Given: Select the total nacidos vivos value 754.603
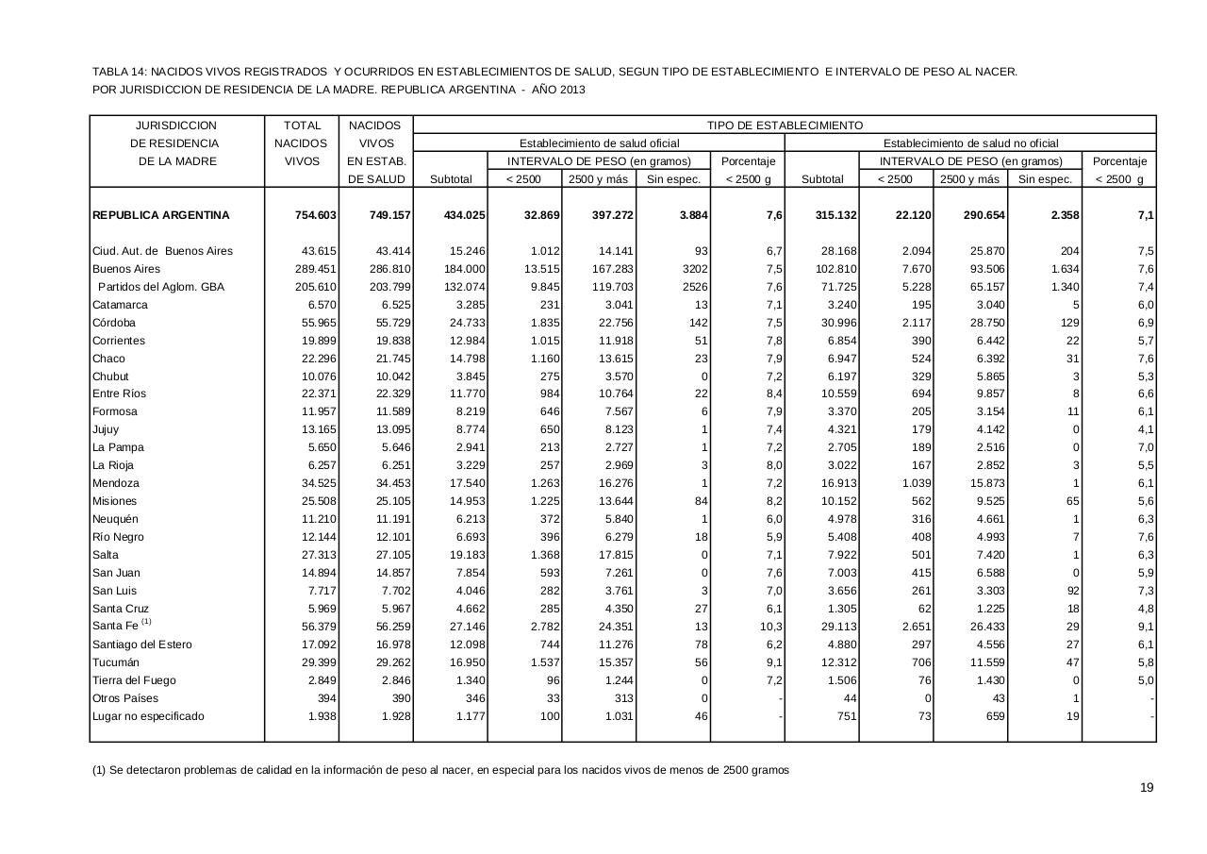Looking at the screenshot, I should (315, 215).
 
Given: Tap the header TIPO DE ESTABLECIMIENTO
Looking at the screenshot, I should (785, 125).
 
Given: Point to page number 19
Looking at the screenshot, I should (1147, 788).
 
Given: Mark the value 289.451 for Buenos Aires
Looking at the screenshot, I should (315, 269).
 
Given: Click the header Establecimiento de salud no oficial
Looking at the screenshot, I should (970, 142).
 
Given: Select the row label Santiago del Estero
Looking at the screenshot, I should (142, 645).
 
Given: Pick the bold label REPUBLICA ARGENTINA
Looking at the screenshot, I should (161, 215).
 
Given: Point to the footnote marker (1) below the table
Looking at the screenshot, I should (99, 770).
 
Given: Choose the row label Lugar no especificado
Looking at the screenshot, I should (148, 716).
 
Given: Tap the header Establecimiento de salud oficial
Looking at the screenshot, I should (599, 142).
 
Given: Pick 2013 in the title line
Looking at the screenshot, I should (570, 90).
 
